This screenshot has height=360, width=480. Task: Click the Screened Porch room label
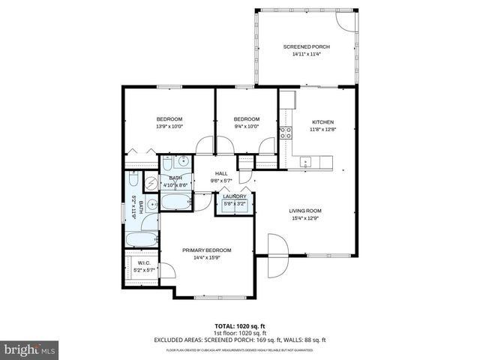tap(306, 46)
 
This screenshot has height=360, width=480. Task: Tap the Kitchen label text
tap(322, 121)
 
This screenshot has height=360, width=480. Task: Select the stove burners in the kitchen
tap(286, 133)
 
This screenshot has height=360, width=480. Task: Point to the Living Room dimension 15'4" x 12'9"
tap(305, 218)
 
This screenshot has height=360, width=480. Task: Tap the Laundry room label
tap(234, 196)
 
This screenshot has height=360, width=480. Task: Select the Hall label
tap(221, 173)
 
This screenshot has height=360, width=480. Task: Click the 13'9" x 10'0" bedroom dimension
tap(169, 126)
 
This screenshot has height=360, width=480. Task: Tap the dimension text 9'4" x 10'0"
tap(246, 126)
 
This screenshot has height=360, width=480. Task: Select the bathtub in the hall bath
tap(177, 202)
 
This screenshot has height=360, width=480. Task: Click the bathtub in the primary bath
tap(140, 240)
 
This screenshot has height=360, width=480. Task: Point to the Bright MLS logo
tap(30, 349)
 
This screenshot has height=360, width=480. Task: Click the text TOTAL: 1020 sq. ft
tap(239, 325)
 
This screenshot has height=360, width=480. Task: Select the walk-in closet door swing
tap(168, 274)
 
